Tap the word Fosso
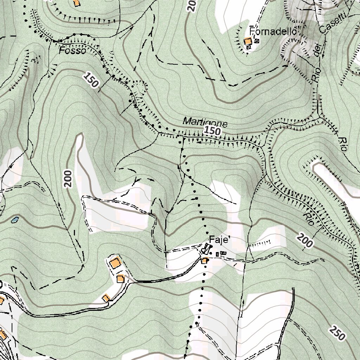tap(72, 51)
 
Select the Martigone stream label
tap(205, 122)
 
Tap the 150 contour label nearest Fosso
tap(91, 80)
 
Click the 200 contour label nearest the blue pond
tap(68, 179)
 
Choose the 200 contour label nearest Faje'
tap(304, 242)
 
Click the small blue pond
tap(15, 220)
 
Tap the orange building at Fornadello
tap(249, 41)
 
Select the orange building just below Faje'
tap(205, 261)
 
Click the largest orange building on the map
tap(115, 263)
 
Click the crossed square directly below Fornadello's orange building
tap(249, 47)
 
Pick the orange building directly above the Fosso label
tap(76, 3)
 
